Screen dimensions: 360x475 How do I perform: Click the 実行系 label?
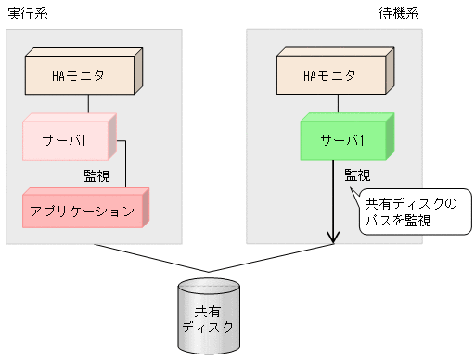(28, 12)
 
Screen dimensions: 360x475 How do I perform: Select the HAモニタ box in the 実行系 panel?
(78, 71)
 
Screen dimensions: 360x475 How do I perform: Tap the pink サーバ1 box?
(66, 140)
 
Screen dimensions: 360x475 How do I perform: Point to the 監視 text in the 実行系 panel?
(97, 174)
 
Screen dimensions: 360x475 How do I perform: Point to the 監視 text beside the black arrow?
(358, 174)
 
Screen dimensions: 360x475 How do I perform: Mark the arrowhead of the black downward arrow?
(333, 237)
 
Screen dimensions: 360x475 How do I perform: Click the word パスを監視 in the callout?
(395, 221)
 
